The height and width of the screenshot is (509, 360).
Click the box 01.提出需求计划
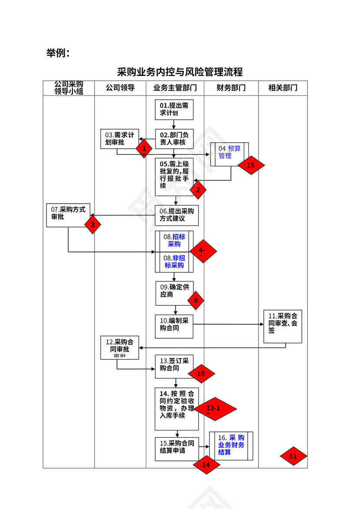(x=174, y=110)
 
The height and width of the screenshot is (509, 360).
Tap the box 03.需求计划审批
(x=118, y=138)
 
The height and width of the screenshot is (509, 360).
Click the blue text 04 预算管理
(x=230, y=152)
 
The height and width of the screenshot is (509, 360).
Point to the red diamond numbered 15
(x=251, y=165)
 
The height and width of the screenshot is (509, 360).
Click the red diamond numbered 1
(x=144, y=148)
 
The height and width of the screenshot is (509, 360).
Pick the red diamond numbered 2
(x=198, y=189)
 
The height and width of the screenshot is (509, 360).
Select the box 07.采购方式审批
(x=66, y=213)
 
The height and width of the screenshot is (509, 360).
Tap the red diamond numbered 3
(x=93, y=225)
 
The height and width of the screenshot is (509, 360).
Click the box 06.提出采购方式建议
(x=177, y=215)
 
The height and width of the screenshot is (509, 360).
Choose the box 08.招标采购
(x=174, y=241)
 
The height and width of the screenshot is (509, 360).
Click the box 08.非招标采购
(x=174, y=262)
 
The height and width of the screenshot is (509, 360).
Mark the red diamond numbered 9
(x=196, y=300)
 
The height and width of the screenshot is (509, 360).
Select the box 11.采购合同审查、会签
(x=283, y=326)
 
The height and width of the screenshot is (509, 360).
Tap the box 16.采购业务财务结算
(x=231, y=445)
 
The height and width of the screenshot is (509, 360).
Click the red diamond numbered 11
(x=293, y=456)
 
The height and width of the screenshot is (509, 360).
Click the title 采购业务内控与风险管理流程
(x=180, y=72)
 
